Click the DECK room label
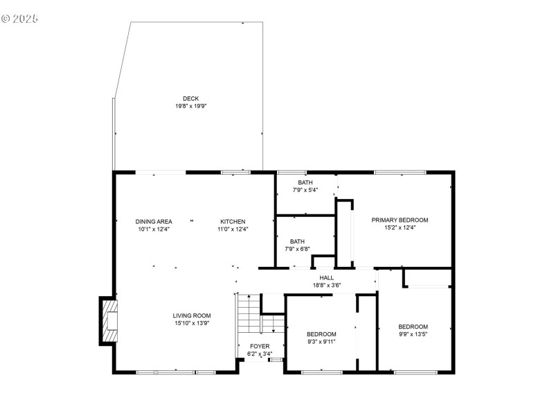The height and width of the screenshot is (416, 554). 190,98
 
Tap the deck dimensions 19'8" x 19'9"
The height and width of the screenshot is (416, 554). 190,106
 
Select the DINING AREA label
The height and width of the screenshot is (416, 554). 154,221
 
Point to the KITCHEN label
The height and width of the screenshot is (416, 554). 233,221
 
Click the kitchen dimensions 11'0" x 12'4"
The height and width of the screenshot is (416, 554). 233,229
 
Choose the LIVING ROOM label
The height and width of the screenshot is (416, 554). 192,315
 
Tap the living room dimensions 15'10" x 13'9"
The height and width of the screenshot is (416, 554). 192,323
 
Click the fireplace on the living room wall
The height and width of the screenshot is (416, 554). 107,320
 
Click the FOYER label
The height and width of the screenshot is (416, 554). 260,346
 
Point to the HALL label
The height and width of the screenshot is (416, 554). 327,277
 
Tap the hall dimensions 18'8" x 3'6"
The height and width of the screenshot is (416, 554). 327,285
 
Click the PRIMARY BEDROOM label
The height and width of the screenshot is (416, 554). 400,220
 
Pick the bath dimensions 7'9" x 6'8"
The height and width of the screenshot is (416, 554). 297,249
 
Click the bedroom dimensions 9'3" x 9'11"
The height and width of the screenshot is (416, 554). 321,341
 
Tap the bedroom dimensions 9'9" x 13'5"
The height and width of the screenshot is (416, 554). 413,334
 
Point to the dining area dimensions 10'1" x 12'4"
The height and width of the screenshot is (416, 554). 154,229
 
